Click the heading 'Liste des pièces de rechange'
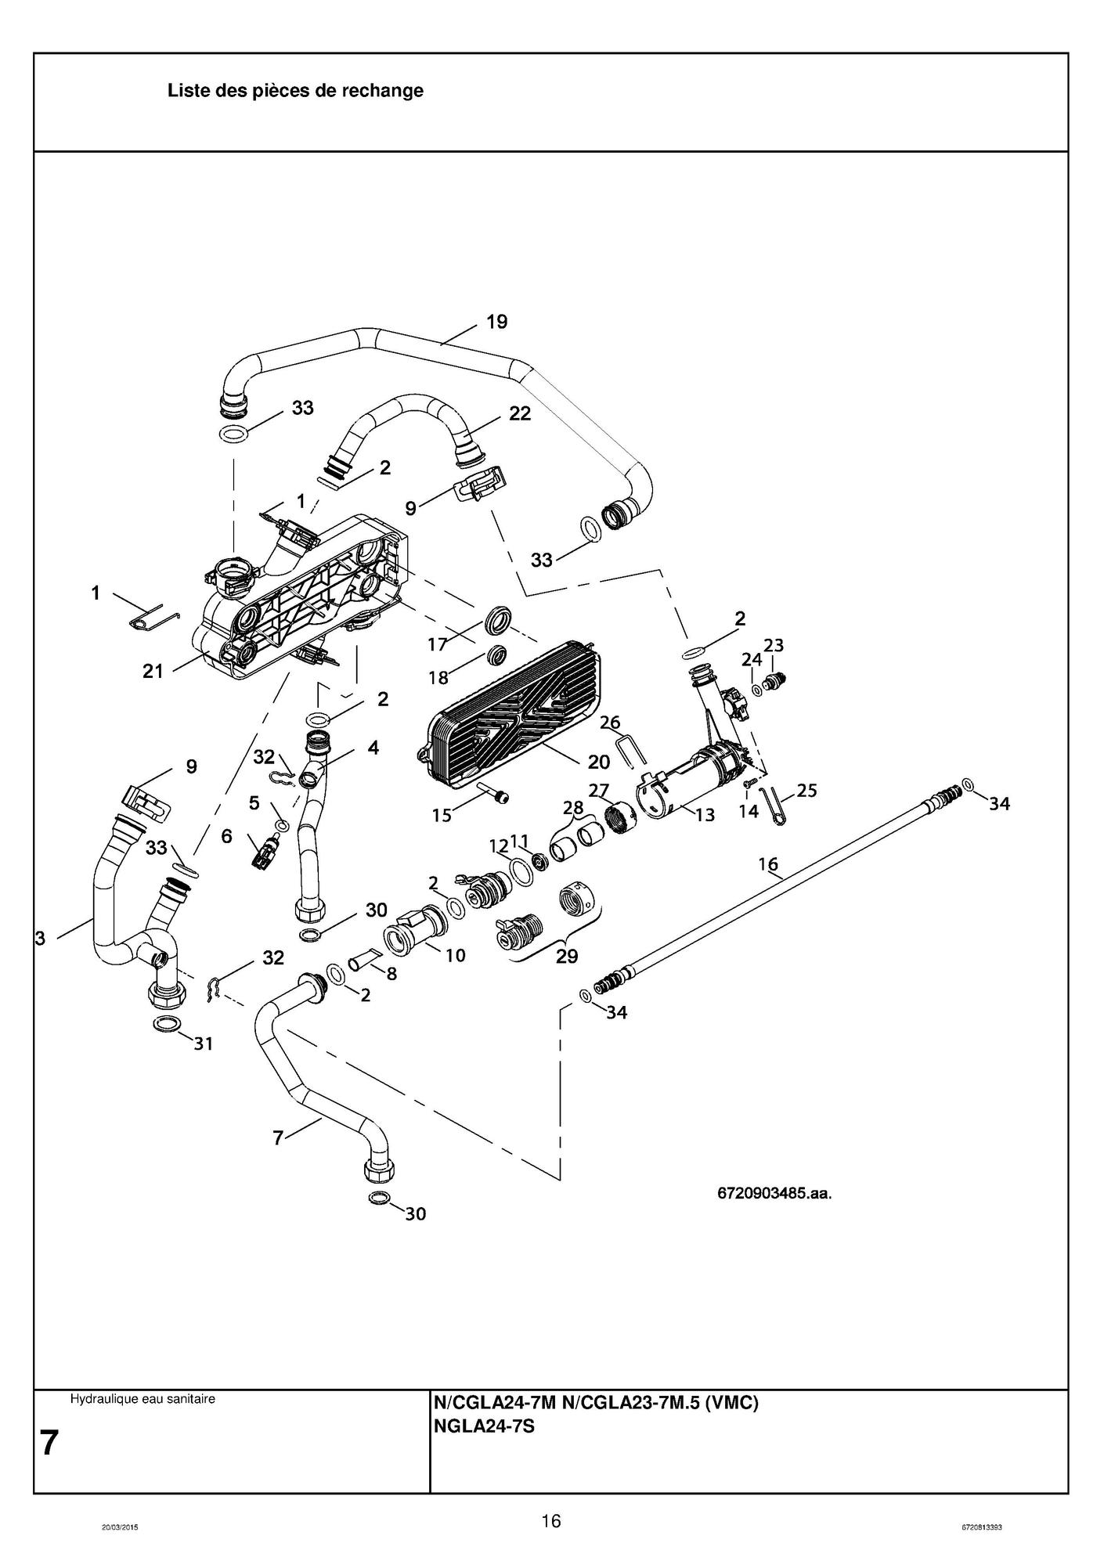coord(295,91)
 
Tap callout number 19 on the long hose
coord(496,322)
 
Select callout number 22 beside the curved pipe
coord(520,414)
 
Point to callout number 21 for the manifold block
coord(153,671)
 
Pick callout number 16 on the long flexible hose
coord(767,864)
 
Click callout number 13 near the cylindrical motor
coord(705,815)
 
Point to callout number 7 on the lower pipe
coord(278,1138)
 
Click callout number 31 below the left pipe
coord(203,1043)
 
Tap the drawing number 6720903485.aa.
coord(774,1194)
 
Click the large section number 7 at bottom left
coord(49,1442)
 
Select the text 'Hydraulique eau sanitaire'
coord(143,1399)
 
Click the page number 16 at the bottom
coord(551,1521)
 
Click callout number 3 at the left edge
coord(41,939)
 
